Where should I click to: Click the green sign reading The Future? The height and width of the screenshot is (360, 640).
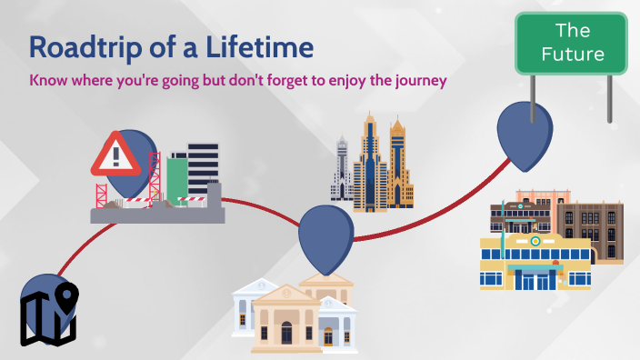572,43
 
